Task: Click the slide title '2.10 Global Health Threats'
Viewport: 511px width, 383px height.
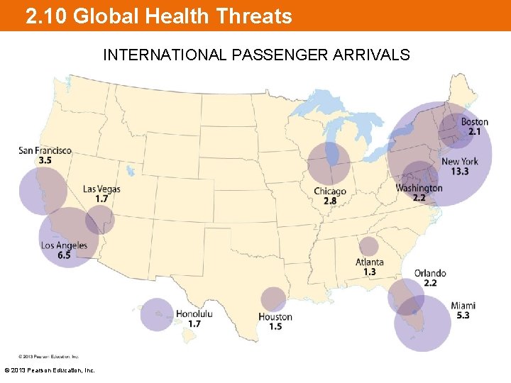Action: point(158,16)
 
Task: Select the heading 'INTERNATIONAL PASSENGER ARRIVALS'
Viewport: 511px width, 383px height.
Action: point(256,55)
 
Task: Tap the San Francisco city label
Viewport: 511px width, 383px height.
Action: point(45,150)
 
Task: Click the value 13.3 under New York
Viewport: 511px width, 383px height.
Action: point(460,172)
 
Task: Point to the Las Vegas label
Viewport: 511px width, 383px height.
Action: point(101,189)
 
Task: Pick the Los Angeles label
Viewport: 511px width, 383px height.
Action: point(64,245)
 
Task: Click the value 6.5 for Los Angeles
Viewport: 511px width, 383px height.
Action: point(64,255)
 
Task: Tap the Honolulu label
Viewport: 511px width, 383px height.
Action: point(194,313)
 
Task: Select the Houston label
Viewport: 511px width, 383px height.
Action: point(275,316)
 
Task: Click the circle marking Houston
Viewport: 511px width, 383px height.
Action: point(273,299)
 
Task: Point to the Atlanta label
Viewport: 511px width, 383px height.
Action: point(369,262)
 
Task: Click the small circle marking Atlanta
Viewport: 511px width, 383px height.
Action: point(368,246)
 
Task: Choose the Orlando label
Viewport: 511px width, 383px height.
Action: point(430,273)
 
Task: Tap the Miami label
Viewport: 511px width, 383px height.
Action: point(463,306)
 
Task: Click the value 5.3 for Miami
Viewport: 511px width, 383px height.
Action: point(463,316)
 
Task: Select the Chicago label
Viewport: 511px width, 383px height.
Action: point(330,191)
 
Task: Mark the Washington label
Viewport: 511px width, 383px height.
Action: point(419,188)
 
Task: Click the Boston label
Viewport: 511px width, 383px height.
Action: point(474,122)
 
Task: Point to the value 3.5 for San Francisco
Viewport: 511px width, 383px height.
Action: point(45,160)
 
